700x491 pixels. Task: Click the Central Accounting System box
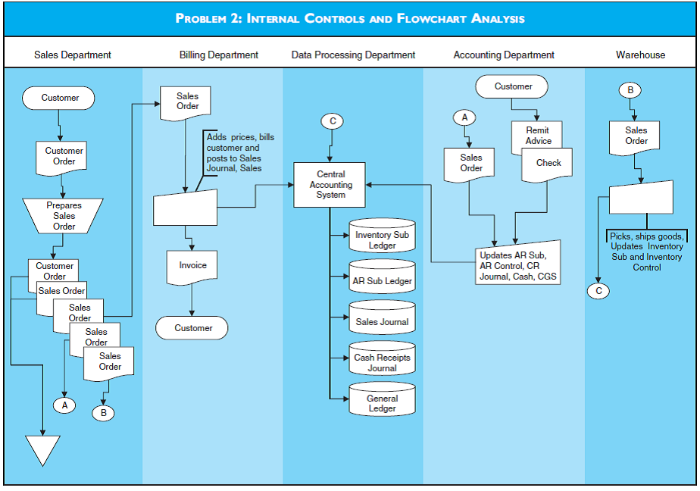[x=330, y=185]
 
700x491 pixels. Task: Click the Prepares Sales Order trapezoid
[x=64, y=215]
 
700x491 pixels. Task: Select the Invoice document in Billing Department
[x=192, y=267]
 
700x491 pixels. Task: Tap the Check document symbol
[x=548, y=164]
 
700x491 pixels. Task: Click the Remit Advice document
[x=538, y=134]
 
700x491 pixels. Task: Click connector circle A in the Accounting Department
[x=464, y=117]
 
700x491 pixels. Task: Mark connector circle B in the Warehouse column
[x=630, y=90]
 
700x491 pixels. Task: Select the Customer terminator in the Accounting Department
[x=513, y=86]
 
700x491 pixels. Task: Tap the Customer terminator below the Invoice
[x=192, y=328]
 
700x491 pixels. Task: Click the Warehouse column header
[x=640, y=55]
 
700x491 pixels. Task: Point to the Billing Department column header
[x=218, y=55]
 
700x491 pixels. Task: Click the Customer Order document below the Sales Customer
[x=64, y=156]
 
